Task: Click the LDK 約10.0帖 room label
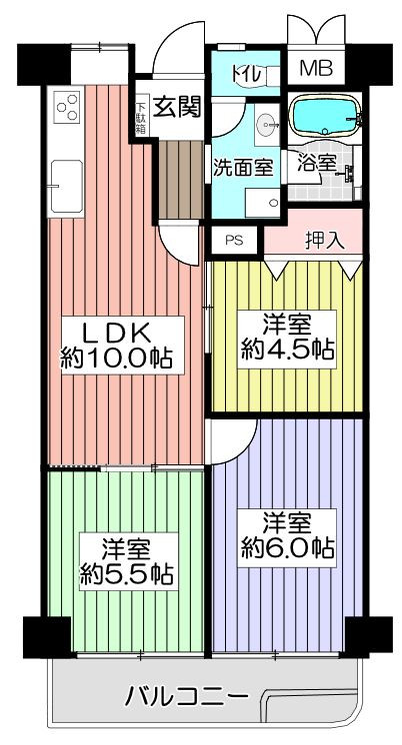tap(115, 345)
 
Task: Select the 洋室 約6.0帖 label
tap(286, 536)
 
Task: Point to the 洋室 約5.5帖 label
tap(126, 561)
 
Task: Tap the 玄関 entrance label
tap(176, 108)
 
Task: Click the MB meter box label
tap(315, 69)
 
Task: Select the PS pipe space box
tap(234, 241)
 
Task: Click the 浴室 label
tap(317, 164)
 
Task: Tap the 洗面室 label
tap(242, 169)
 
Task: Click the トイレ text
tap(245, 75)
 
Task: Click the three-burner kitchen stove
tap(66, 107)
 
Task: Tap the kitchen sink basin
tap(66, 186)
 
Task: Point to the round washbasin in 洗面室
tap(265, 126)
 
